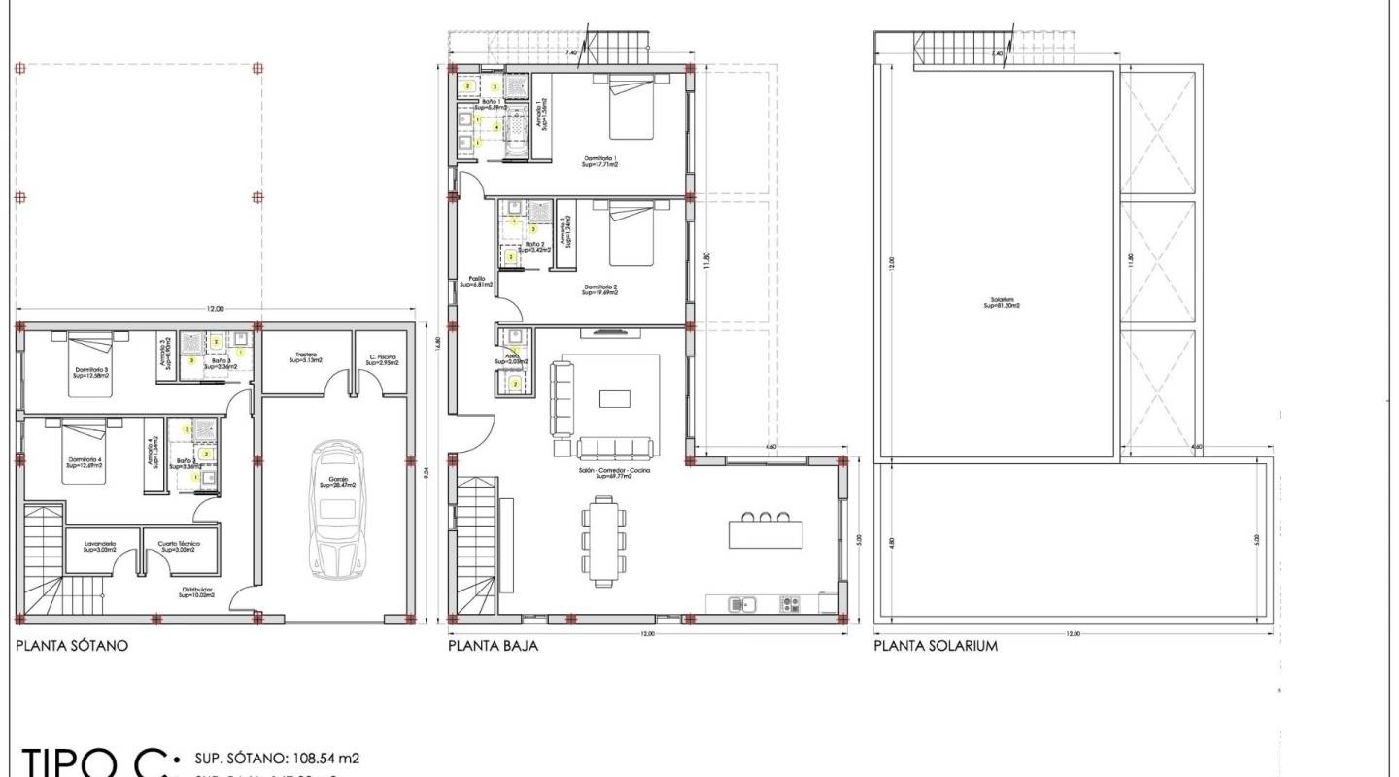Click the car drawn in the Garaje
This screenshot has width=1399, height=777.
click(335, 510)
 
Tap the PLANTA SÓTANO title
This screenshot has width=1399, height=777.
click(72, 645)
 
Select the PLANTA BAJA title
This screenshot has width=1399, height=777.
click(493, 645)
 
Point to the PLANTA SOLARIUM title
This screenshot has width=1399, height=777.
click(935, 645)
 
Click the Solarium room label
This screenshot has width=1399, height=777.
click(1002, 302)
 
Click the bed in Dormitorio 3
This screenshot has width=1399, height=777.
click(90, 363)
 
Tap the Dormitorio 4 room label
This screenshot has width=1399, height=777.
click(85, 462)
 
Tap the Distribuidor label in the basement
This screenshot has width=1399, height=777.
click(195, 591)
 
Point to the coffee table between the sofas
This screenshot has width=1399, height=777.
click(614, 398)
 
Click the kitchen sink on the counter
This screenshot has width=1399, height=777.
click(742, 604)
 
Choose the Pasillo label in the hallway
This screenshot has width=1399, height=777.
click(476, 282)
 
